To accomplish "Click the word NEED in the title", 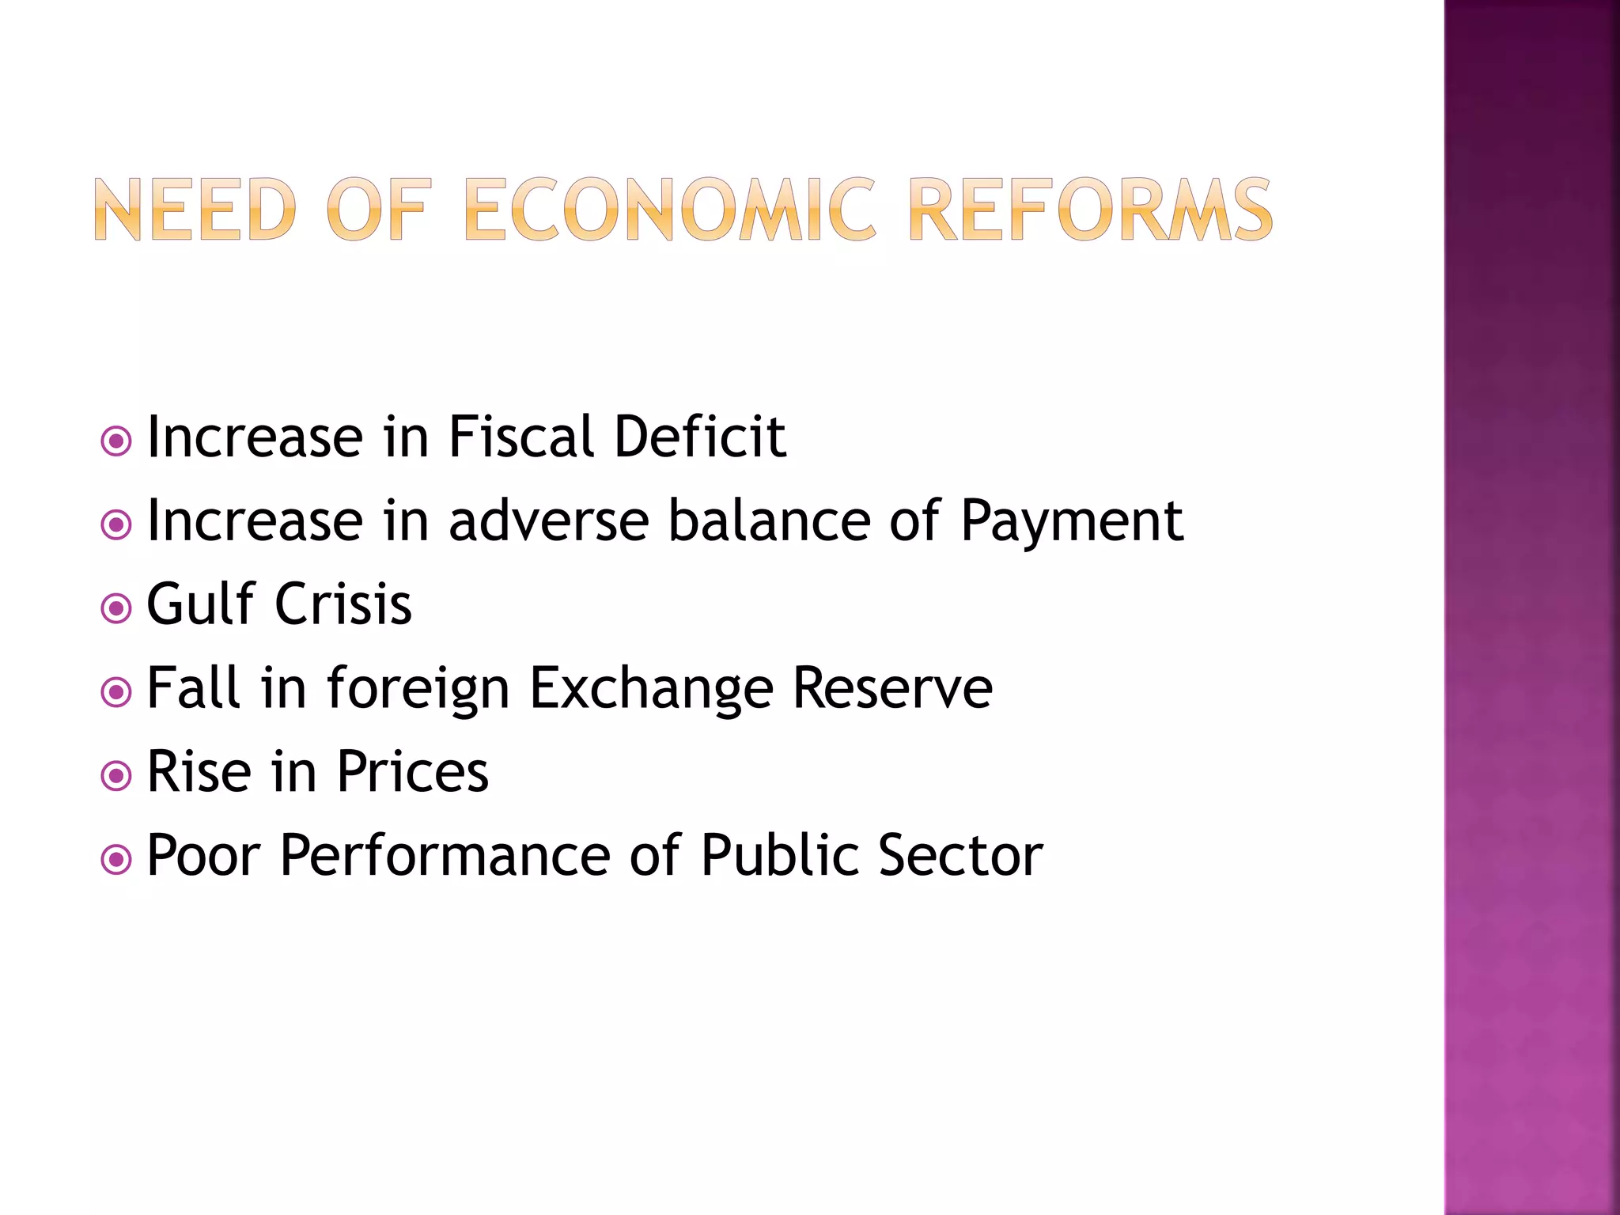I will point(195,210).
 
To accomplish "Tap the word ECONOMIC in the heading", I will point(671,210).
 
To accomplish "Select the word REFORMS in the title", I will point(1091,210).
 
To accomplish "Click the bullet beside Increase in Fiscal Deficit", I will point(117,441).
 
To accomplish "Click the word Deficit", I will point(700,437).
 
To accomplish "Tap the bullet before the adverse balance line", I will point(117,524).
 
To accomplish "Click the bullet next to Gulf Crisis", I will point(117,608).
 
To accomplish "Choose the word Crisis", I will point(343,605).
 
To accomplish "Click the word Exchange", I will point(651,690).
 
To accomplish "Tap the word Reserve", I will point(892,688).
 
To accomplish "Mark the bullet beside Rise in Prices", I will point(117,776).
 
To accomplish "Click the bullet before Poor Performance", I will point(117,860).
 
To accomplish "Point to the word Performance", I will point(445,856).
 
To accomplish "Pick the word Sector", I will point(960,856).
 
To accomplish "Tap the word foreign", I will point(418,690).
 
